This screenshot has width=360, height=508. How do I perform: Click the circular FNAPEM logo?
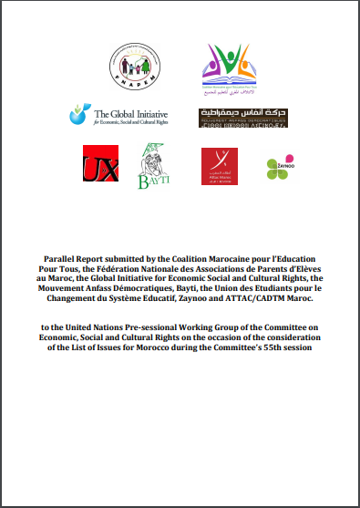(130, 67)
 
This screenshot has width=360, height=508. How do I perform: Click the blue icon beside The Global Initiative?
(79, 115)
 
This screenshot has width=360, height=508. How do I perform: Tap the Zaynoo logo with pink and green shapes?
(279, 167)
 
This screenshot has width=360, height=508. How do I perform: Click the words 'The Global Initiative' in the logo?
(128, 111)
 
